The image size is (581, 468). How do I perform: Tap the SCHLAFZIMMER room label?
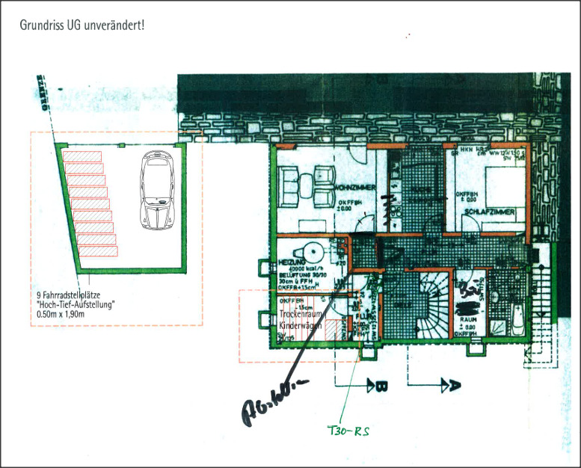tap(490, 213)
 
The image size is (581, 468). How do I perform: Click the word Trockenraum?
tap(299, 316)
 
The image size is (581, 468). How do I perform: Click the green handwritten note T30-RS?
tap(350, 431)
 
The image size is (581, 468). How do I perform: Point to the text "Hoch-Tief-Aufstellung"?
tap(74, 304)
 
